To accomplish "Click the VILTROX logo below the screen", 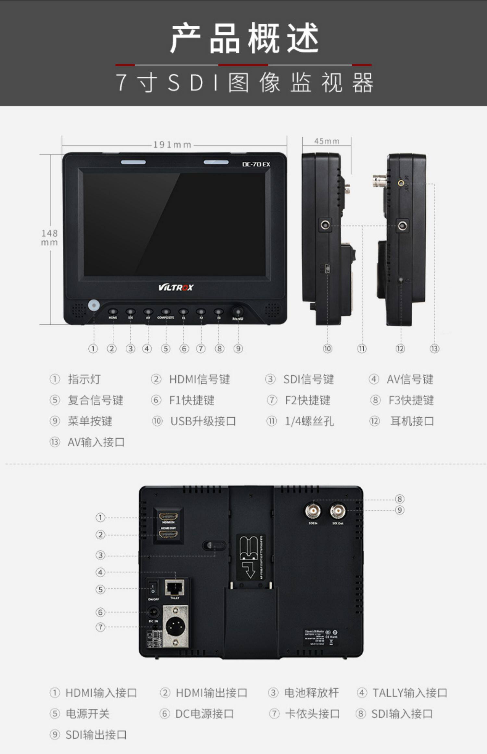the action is point(176,287).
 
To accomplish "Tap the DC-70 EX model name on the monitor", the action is point(256,164).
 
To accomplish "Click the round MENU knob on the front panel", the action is point(238,311).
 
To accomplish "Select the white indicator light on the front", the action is point(94,306).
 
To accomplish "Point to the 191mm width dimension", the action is point(172,145).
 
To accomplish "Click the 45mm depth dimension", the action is point(327,141).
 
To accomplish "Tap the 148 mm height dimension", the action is point(49,238).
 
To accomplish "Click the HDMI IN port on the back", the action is point(168,516).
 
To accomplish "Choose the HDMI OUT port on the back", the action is point(168,534).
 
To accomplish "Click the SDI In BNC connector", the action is point(313,511).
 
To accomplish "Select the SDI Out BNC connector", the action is point(338,511).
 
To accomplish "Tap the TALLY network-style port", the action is point(175,587).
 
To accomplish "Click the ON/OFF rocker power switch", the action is point(153,588).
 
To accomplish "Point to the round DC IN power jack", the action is point(153,612).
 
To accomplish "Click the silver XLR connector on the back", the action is point(175,626).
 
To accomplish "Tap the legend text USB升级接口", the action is point(203,421).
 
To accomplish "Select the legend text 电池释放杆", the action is point(311,693).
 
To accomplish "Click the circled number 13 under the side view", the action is point(434,349).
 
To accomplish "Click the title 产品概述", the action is point(243,39).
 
